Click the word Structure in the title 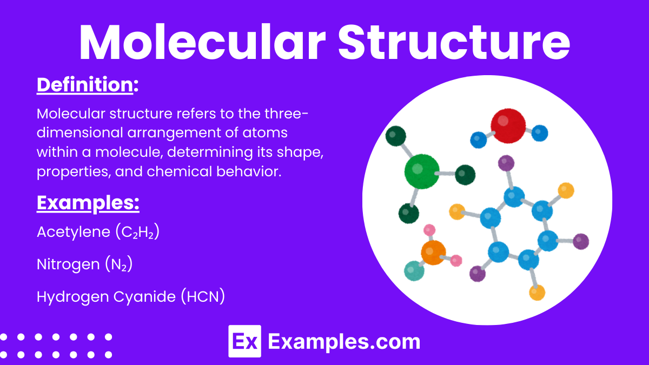[x=454, y=43]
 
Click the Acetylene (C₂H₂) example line [x=98, y=232]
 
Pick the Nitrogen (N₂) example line [x=84, y=264]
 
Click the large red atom [x=508, y=125]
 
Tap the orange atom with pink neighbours [x=433, y=253]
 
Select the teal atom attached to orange [x=414, y=270]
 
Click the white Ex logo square [x=244, y=341]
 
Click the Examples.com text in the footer [x=344, y=342]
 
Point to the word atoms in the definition [x=264, y=133]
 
